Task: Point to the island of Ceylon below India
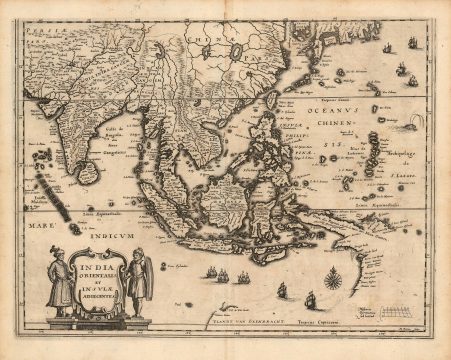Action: pyautogui.click(x=89, y=173)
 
